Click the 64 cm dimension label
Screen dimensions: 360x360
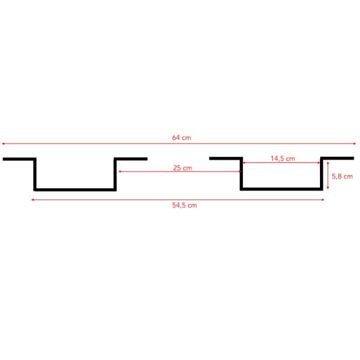coord(181,138)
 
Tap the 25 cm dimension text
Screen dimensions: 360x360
coord(183,168)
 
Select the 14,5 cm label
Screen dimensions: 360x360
coord(283,159)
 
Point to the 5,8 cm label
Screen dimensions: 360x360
coord(342,176)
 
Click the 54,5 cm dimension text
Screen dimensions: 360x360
coord(184,205)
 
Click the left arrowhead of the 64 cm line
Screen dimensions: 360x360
coord(3,144)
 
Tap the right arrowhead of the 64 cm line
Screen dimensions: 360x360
coord(355,144)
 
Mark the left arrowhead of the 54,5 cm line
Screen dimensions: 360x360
coord(33,200)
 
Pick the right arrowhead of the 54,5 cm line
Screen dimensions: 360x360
coord(323,200)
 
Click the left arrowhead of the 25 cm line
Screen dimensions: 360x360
coord(120,171)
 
